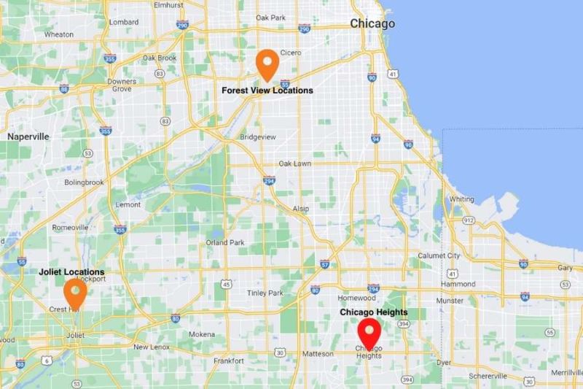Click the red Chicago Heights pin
point(369,334)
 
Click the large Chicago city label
point(372,23)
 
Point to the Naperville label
point(28,136)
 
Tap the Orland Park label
point(225,242)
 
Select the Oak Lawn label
point(296,163)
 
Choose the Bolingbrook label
point(85,182)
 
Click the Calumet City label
point(439,255)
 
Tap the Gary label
point(564,268)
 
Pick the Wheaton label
point(59,34)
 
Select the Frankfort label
point(229,361)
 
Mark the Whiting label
point(461,199)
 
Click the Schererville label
point(488,375)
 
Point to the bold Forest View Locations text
point(267,90)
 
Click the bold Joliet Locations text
point(71,272)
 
